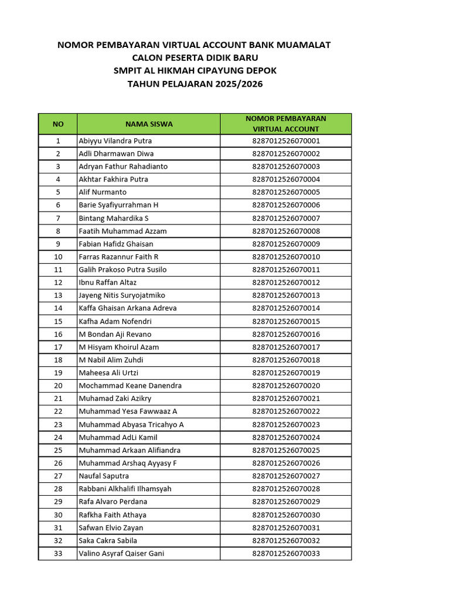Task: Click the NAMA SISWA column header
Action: tap(149, 124)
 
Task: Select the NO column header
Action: tap(58, 124)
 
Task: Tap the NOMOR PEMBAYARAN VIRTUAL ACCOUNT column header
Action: tap(286, 124)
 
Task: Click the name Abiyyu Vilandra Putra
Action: tap(115, 141)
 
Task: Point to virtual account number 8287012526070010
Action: tap(286, 257)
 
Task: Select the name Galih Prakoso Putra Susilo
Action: tap(122, 270)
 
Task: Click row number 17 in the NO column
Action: tap(58, 347)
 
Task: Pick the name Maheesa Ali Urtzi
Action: tap(108, 373)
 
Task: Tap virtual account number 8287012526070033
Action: tap(286, 553)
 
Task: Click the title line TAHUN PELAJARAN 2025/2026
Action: tap(195, 84)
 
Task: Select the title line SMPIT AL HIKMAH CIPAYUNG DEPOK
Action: tap(195, 71)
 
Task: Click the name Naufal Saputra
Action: tap(104, 476)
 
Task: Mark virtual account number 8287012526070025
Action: tap(286, 450)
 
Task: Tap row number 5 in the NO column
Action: tap(58, 192)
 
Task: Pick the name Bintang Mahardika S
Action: tap(114, 218)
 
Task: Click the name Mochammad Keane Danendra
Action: tap(130, 386)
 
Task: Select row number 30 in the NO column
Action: tap(58, 514)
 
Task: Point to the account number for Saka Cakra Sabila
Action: tap(286, 540)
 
